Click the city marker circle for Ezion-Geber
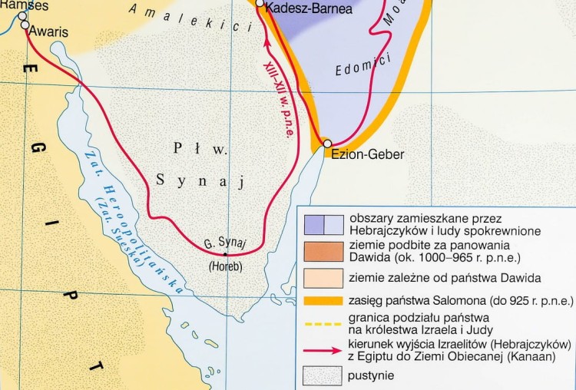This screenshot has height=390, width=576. pos(327,144)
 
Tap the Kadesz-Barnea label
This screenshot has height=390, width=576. pos(310,8)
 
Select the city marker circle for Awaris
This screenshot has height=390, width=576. pos(25,25)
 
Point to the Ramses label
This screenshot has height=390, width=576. pos(24,5)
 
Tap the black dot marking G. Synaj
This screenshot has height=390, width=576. pos(225,253)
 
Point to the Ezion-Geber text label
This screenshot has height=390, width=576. pos(367,154)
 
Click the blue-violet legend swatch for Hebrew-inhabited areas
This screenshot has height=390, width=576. pos(323,223)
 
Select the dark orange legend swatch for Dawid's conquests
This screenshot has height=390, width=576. pos(323,250)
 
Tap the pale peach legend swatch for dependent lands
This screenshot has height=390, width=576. pos(323,276)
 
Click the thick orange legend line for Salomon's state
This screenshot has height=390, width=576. pos(323,302)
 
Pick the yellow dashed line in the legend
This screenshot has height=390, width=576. pos(323,323)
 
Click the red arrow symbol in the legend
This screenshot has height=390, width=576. pos(323,348)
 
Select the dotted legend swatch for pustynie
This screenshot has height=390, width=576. pos(323,375)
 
